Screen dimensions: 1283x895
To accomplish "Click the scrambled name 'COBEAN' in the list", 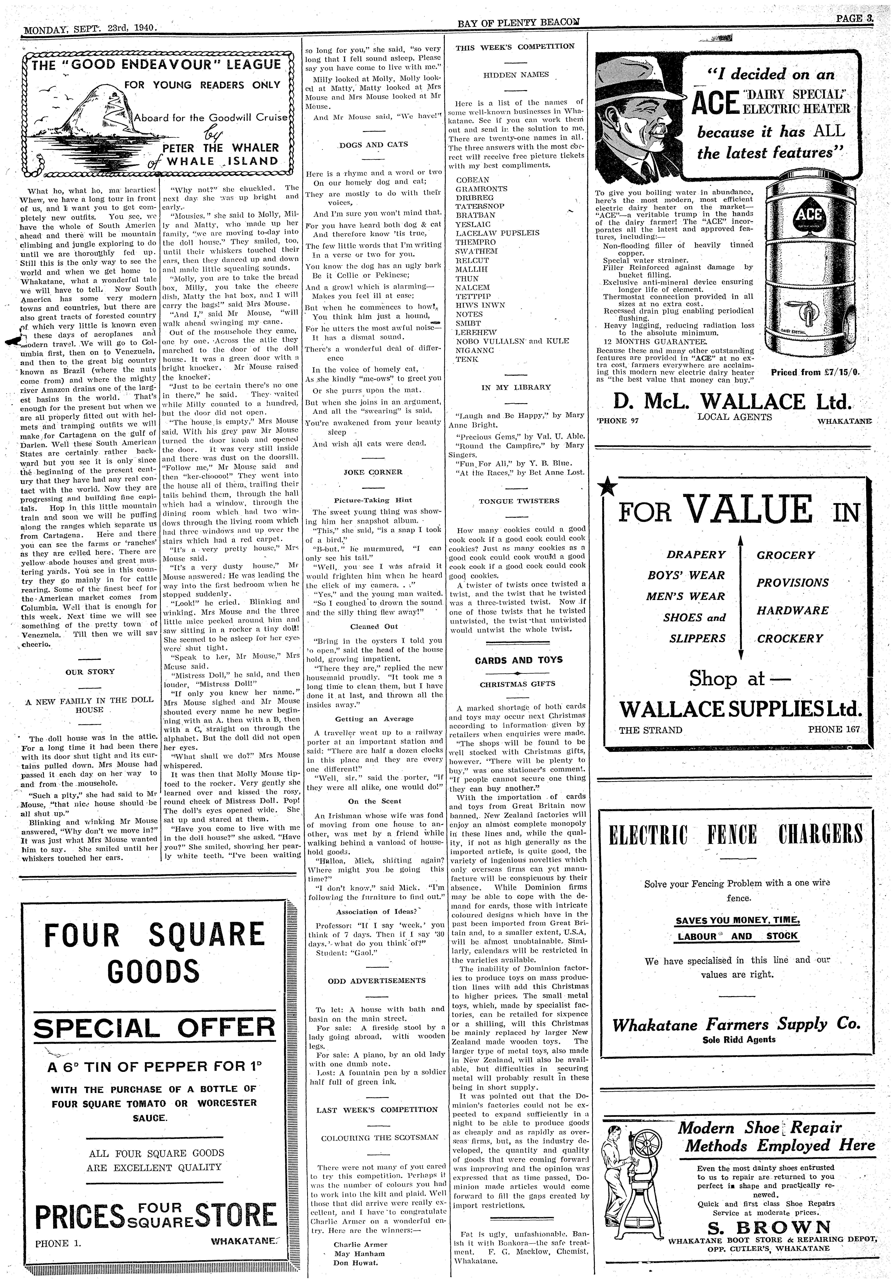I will (472, 180).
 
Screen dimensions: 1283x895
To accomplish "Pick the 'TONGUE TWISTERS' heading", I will (519, 501).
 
